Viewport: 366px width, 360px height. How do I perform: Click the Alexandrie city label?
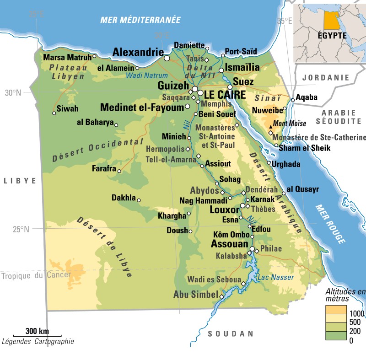(x=138, y=51)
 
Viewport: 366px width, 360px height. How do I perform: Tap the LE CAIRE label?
(x=225, y=95)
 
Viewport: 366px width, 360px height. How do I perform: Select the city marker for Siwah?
(x=54, y=113)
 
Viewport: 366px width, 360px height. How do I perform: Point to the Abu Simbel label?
(x=195, y=295)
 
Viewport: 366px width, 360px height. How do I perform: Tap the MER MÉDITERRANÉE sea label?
(x=141, y=20)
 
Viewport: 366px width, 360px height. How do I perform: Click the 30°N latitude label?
(x=13, y=93)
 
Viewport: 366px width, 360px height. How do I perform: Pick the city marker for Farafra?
(x=119, y=171)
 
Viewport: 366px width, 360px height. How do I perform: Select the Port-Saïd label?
(x=241, y=51)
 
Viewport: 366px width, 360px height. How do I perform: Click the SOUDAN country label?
(x=231, y=333)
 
